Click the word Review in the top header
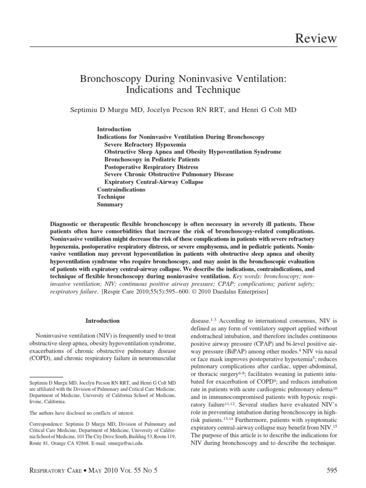(316, 38)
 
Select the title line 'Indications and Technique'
(183, 89)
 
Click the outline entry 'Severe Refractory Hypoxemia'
(145, 144)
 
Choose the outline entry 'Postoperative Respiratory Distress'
(151, 167)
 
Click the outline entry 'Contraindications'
(121, 189)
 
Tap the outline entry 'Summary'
(110, 204)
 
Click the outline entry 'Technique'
(111, 197)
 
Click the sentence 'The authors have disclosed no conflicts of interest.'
(81, 413)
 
